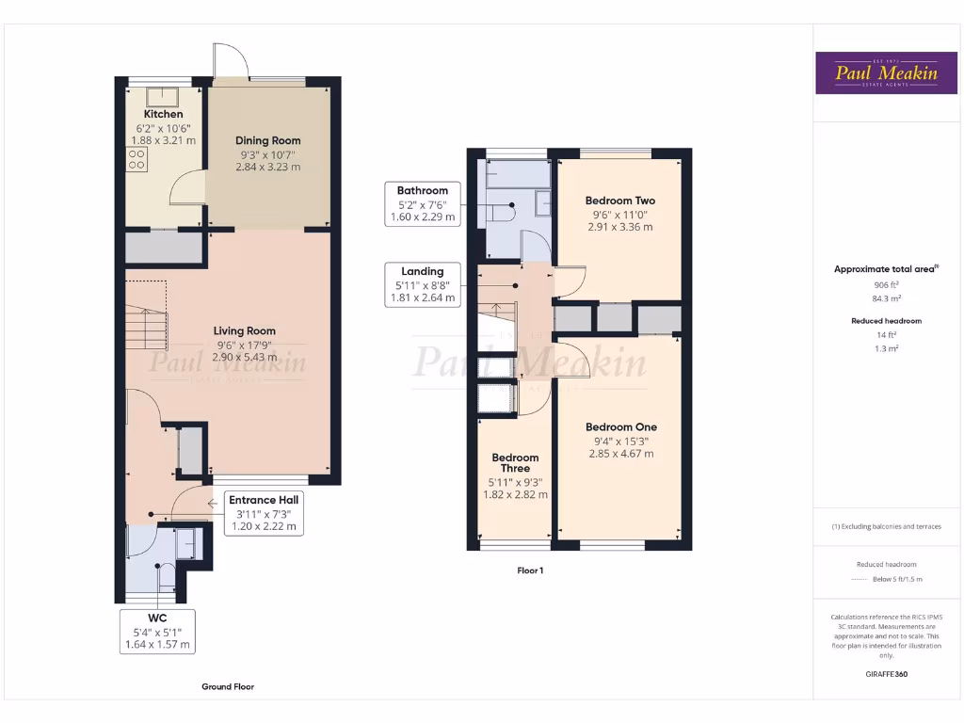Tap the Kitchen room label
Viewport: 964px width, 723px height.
coord(163,114)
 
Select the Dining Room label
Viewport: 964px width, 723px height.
coord(267,140)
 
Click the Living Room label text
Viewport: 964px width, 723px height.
coord(244,330)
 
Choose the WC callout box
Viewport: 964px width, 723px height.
coord(157,632)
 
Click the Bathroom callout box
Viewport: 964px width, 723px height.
coord(422,203)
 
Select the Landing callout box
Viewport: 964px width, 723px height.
coord(422,284)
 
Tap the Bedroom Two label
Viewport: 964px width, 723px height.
coord(619,201)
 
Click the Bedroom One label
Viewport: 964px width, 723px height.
coord(621,426)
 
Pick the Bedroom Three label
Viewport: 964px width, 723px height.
coord(515,463)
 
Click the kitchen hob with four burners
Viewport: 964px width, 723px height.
coord(136,158)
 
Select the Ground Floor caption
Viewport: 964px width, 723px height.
coord(228,686)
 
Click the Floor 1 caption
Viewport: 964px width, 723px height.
coord(530,570)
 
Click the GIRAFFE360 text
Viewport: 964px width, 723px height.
coord(886,674)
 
